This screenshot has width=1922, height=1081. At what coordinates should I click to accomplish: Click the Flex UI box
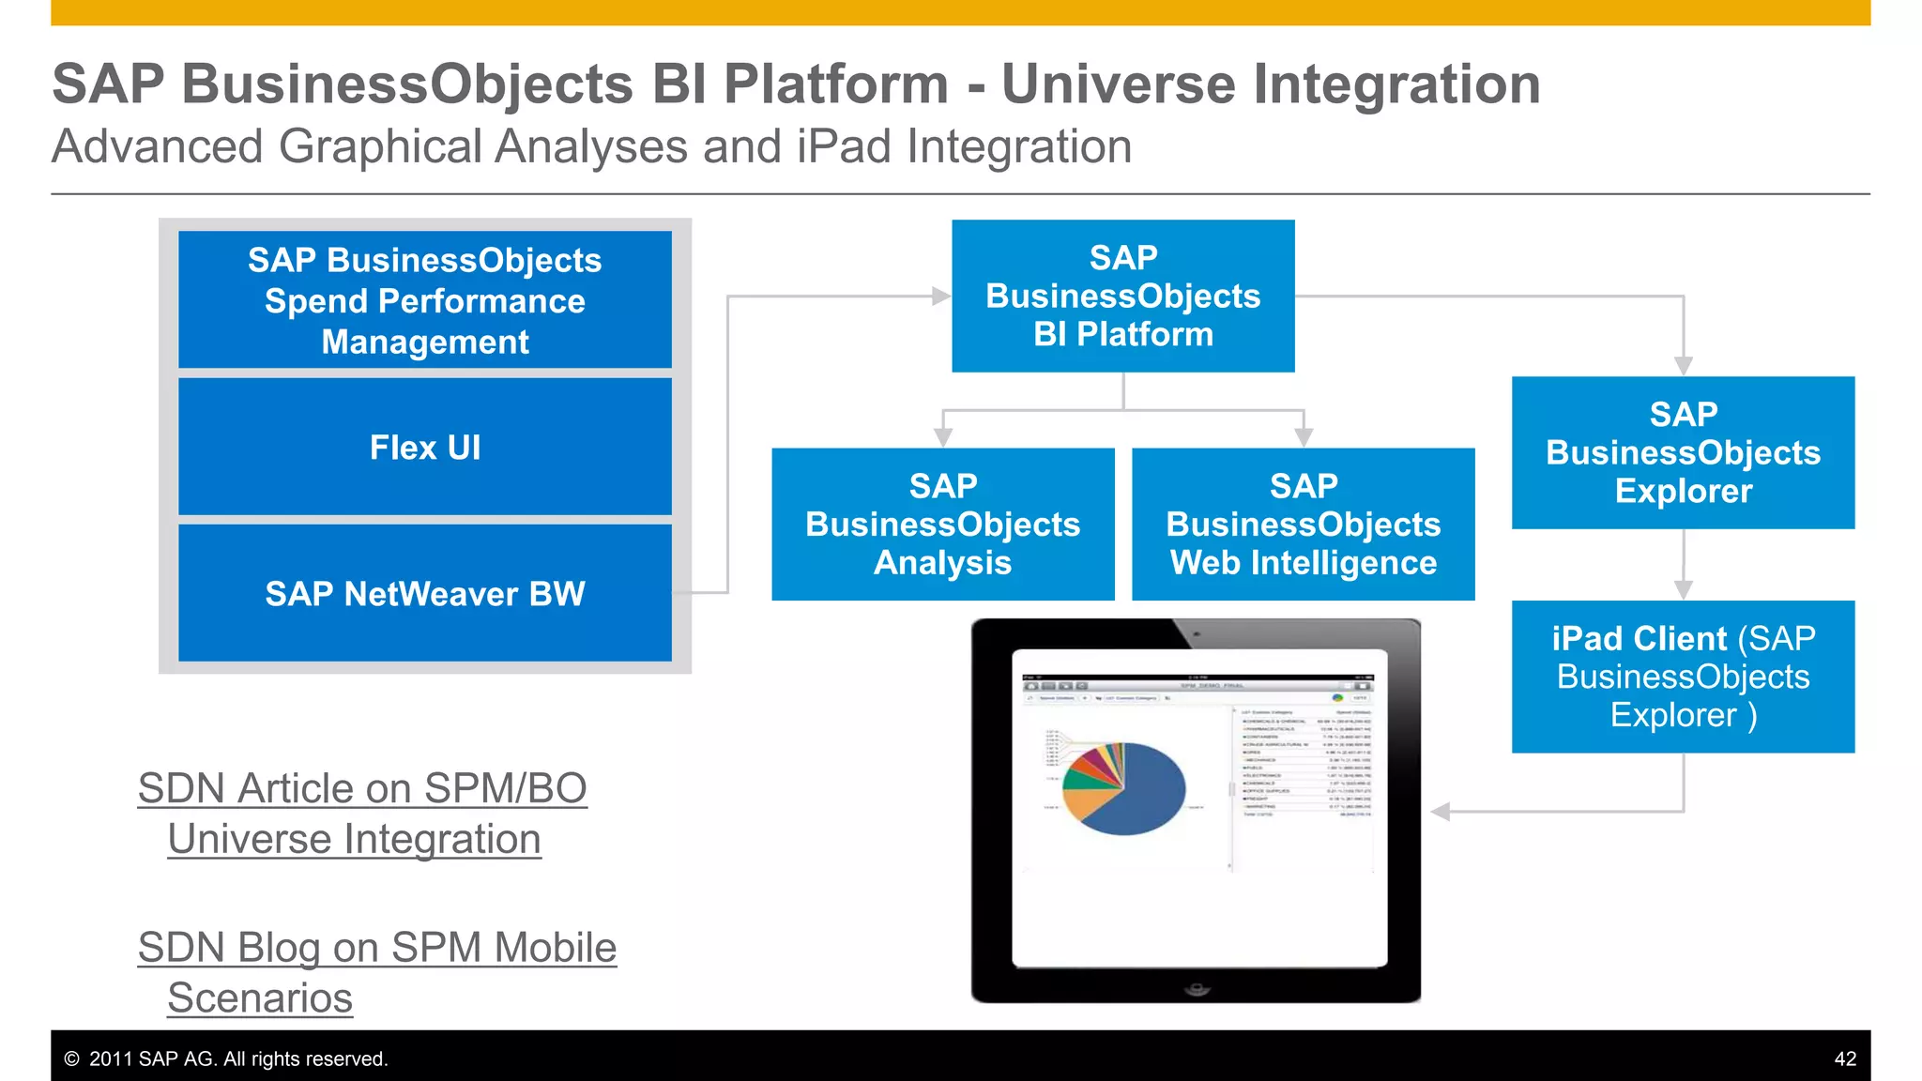(425, 448)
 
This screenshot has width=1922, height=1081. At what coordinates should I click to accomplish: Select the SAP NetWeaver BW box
(425, 593)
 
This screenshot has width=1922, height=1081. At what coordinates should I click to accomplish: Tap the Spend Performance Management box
(425, 300)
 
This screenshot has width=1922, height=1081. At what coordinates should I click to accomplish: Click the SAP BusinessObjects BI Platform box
(1122, 296)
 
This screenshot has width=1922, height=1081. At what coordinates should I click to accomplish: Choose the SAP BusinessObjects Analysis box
(942, 524)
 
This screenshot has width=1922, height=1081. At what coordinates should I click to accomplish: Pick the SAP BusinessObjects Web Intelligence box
(1303, 524)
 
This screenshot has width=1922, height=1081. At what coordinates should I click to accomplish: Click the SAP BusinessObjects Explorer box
(1683, 452)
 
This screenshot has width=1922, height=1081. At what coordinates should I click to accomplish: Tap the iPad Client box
(1683, 677)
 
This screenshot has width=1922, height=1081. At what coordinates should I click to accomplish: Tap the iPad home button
(1196, 988)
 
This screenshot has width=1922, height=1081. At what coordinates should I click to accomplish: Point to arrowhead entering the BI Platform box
(941, 297)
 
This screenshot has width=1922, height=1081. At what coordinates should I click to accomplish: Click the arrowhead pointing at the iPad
(1441, 812)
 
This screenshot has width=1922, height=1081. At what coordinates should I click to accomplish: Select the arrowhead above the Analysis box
(943, 437)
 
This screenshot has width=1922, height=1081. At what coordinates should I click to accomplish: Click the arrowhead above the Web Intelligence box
(1304, 437)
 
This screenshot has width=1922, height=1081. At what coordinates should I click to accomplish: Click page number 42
(1844, 1058)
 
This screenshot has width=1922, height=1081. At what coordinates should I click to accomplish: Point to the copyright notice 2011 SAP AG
(225, 1058)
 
